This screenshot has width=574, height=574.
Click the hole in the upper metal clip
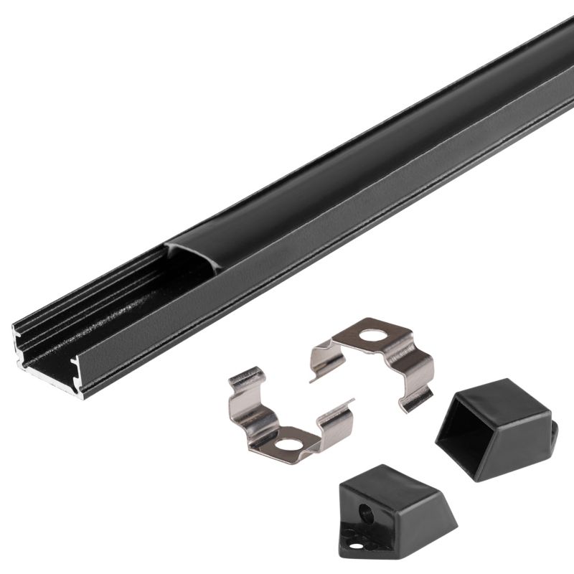click(x=371, y=335)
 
